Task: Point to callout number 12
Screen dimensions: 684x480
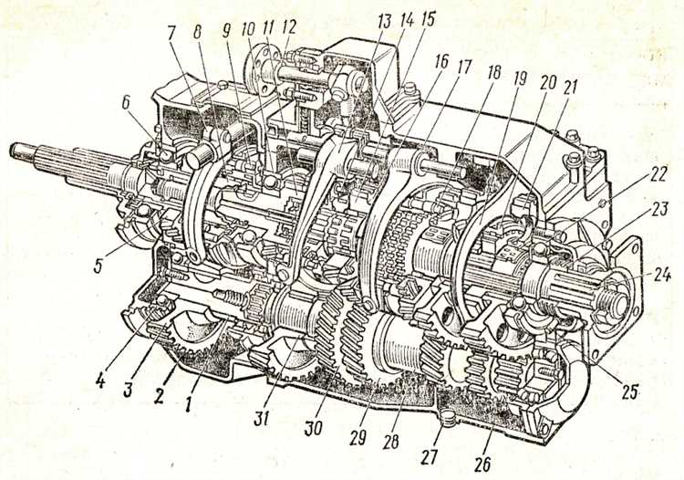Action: pos(288,27)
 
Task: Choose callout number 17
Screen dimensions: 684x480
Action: pos(464,68)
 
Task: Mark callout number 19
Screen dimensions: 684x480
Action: pos(519,79)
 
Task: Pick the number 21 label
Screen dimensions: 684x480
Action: pos(569,88)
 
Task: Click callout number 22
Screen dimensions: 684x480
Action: pos(658,175)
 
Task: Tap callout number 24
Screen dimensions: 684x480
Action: pos(661,276)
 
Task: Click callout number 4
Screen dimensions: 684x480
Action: pos(100,381)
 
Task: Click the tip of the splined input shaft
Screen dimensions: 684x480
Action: pos(14,150)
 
